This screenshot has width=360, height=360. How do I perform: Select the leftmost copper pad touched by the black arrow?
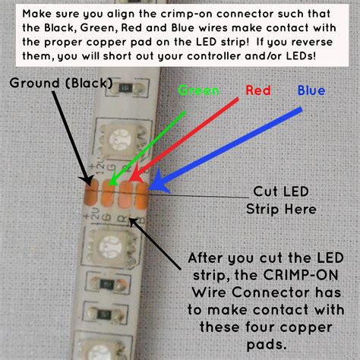(x=93, y=193)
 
